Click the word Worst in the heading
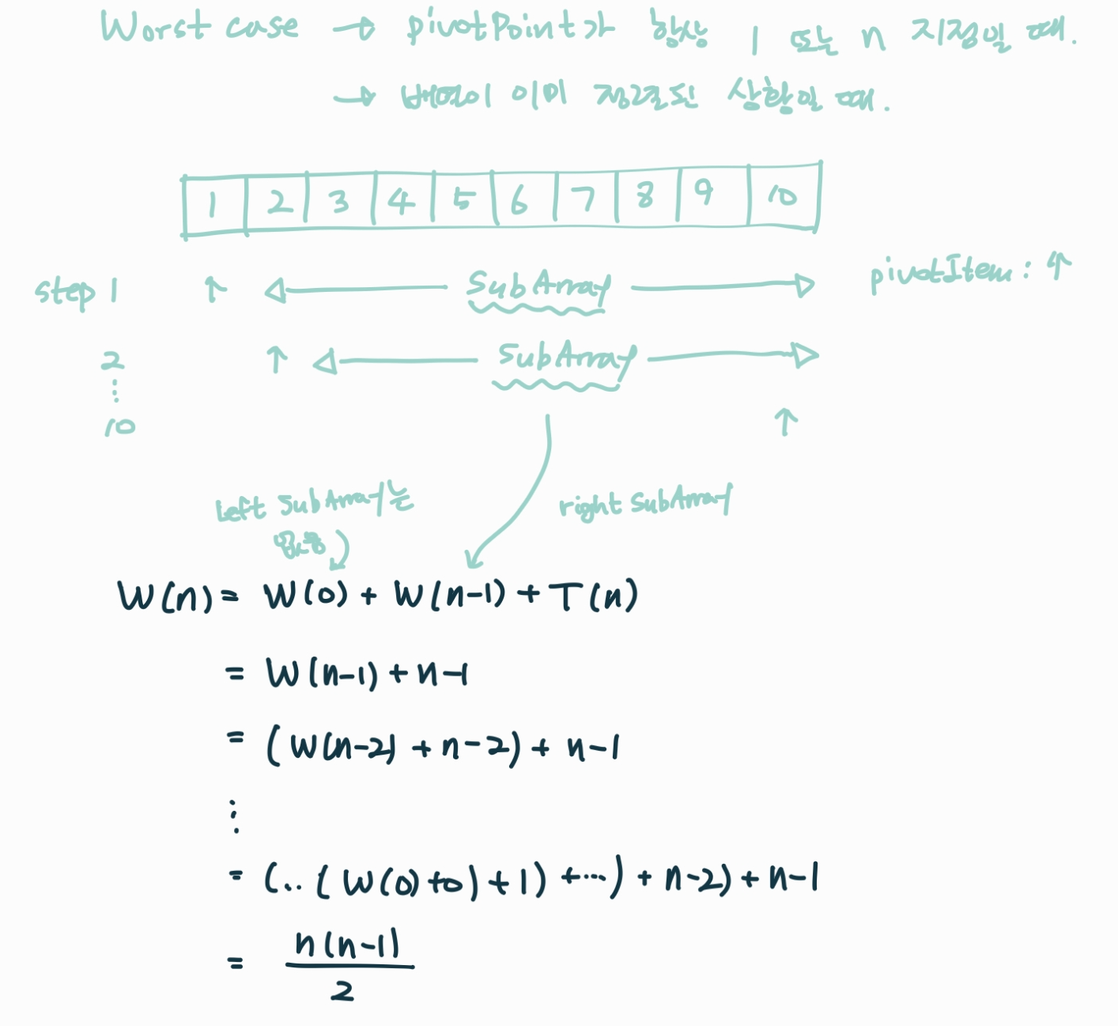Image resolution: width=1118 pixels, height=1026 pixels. pyautogui.click(x=155, y=27)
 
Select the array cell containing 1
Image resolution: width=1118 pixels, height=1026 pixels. pyautogui.click(x=213, y=204)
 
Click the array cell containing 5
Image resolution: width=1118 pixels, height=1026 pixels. pyautogui.click(x=463, y=201)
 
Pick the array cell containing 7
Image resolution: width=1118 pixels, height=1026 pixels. pyautogui.click(x=586, y=200)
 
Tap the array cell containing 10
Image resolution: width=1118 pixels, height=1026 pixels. pyautogui.click(x=783, y=195)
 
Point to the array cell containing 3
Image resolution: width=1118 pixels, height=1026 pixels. pyautogui.click(x=341, y=203)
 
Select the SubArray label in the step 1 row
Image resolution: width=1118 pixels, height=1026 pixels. pyautogui.click(x=538, y=286)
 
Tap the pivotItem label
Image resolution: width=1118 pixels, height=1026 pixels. pyautogui.click(x=941, y=274)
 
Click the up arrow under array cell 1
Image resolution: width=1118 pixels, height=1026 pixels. pyautogui.click(x=213, y=289)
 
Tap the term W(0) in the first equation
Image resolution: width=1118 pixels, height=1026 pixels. pyautogui.click(x=305, y=596)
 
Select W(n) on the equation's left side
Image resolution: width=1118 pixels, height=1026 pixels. pyautogui.click(x=165, y=597)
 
